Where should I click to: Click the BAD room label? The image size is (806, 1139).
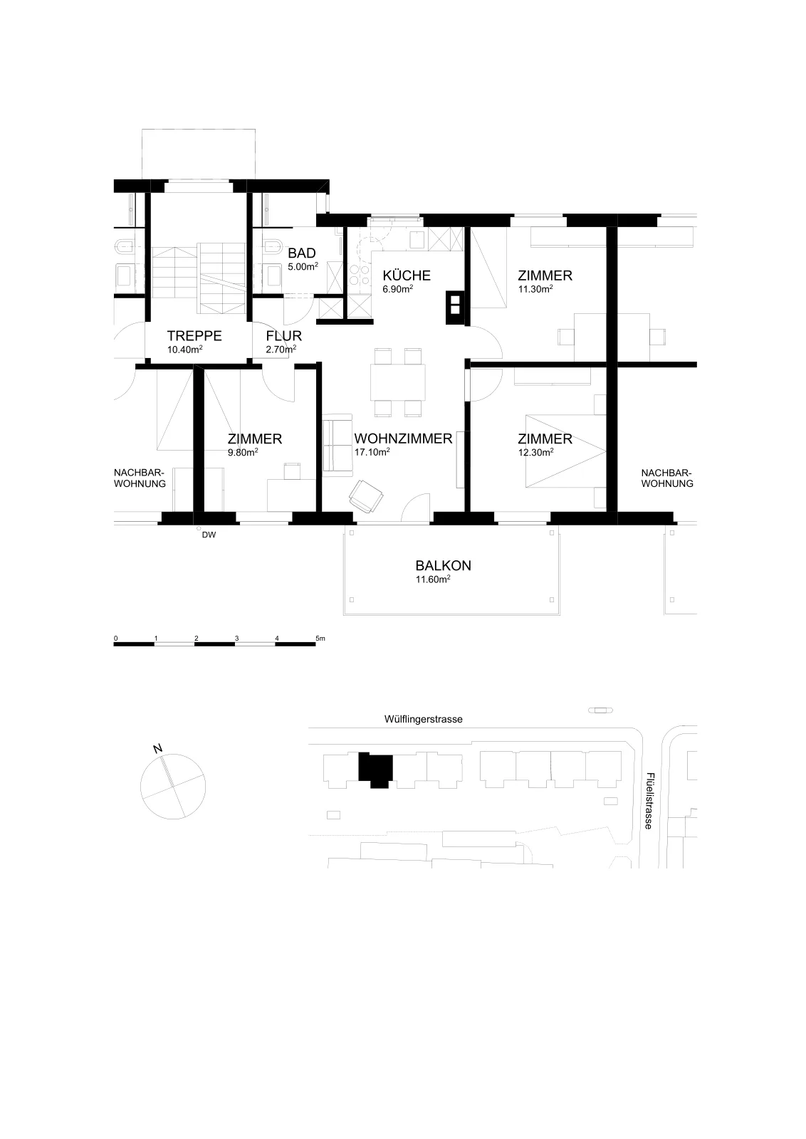click(302, 253)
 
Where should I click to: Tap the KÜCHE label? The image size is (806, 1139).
click(407, 275)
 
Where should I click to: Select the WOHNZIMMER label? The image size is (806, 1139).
click(403, 439)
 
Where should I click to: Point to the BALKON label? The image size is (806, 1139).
click(443, 565)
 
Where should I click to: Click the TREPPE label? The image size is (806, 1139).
click(194, 336)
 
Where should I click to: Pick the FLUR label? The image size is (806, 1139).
click(284, 336)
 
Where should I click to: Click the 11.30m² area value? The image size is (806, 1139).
click(535, 289)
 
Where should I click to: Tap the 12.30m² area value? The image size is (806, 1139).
click(535, 452)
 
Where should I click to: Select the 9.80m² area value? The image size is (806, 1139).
click(243, 452)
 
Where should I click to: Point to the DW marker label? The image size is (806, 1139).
click(209, 535)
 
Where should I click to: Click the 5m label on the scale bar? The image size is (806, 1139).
click(320, 638)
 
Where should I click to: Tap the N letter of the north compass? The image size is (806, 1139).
click(157, 748)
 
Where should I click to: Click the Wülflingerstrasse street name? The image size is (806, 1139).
click(423, 720)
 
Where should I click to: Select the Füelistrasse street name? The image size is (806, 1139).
click(649, 801)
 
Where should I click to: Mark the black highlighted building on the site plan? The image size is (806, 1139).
click(376, 770)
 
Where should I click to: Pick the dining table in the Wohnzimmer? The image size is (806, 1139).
click(398, 382)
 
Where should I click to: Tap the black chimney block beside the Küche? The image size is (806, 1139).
click(455, 308)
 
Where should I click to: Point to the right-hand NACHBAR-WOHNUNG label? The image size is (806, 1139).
click(667, 478)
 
